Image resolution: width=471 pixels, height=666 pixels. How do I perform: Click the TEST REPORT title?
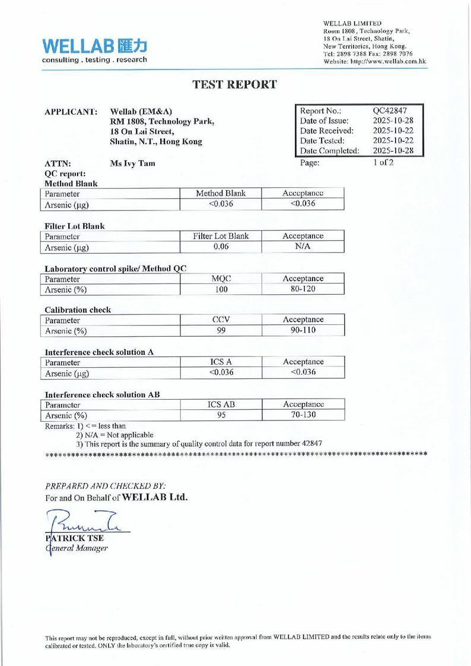tap(235, 84)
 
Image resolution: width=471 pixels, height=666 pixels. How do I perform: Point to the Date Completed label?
tap(329, 151)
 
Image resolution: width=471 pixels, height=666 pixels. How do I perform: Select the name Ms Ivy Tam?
tap(133, 163)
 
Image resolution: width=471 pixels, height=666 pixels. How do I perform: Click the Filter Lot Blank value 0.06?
tap(221, 247)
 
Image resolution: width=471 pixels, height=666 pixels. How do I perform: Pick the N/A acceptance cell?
tap(303, 247)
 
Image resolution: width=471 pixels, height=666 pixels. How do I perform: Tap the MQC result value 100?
tap(221, 289)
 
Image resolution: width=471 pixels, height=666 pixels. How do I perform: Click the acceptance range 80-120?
tap(303, 289)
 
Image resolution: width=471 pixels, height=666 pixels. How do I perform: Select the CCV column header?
tap(221, 320)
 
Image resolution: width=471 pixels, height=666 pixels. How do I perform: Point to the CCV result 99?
tap(221, 331)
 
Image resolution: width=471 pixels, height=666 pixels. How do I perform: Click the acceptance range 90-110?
tap(303, 331)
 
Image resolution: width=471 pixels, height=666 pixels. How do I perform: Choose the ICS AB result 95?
tap(221, 415)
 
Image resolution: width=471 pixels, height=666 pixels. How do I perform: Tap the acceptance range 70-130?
tap(303, 415)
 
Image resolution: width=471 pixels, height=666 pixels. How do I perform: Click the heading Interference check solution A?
tap(100, 352)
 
